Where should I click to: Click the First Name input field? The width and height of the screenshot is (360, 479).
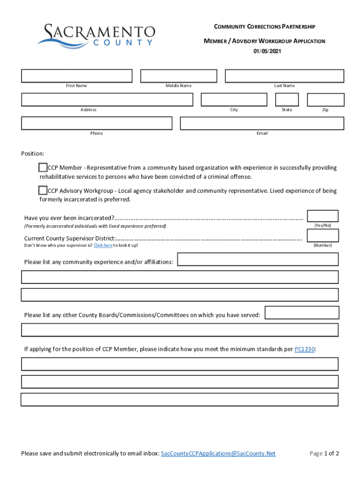click(77, 76)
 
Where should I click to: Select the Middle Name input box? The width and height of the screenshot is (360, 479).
click(179, 76)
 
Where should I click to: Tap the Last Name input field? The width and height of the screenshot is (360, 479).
click(284, 76)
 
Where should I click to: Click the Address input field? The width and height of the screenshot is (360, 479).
click(107, 100)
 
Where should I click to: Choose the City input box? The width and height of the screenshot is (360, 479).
click(234, 100)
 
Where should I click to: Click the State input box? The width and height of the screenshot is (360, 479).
click(287, 100)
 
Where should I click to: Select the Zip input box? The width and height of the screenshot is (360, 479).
click(325, 100)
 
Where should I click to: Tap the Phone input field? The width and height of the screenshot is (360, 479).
click(96, 123)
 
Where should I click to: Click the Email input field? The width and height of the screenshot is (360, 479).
click(262, 123)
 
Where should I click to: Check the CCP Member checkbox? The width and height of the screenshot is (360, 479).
click(43, 167)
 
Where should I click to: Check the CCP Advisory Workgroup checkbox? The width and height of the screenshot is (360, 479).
click(43, 190)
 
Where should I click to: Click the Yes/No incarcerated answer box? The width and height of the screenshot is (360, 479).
click(322, 216)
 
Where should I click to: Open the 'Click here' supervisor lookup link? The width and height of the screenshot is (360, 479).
click(103, 246)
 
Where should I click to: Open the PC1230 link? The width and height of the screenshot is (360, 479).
click(305, 349)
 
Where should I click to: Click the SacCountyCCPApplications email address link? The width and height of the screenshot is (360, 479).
click(218, 454)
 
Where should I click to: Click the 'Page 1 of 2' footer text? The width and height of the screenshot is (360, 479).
click(324, 454)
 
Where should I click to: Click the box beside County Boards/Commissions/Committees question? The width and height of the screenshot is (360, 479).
click(302, 313)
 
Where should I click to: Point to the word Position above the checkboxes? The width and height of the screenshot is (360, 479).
click(32, 154)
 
